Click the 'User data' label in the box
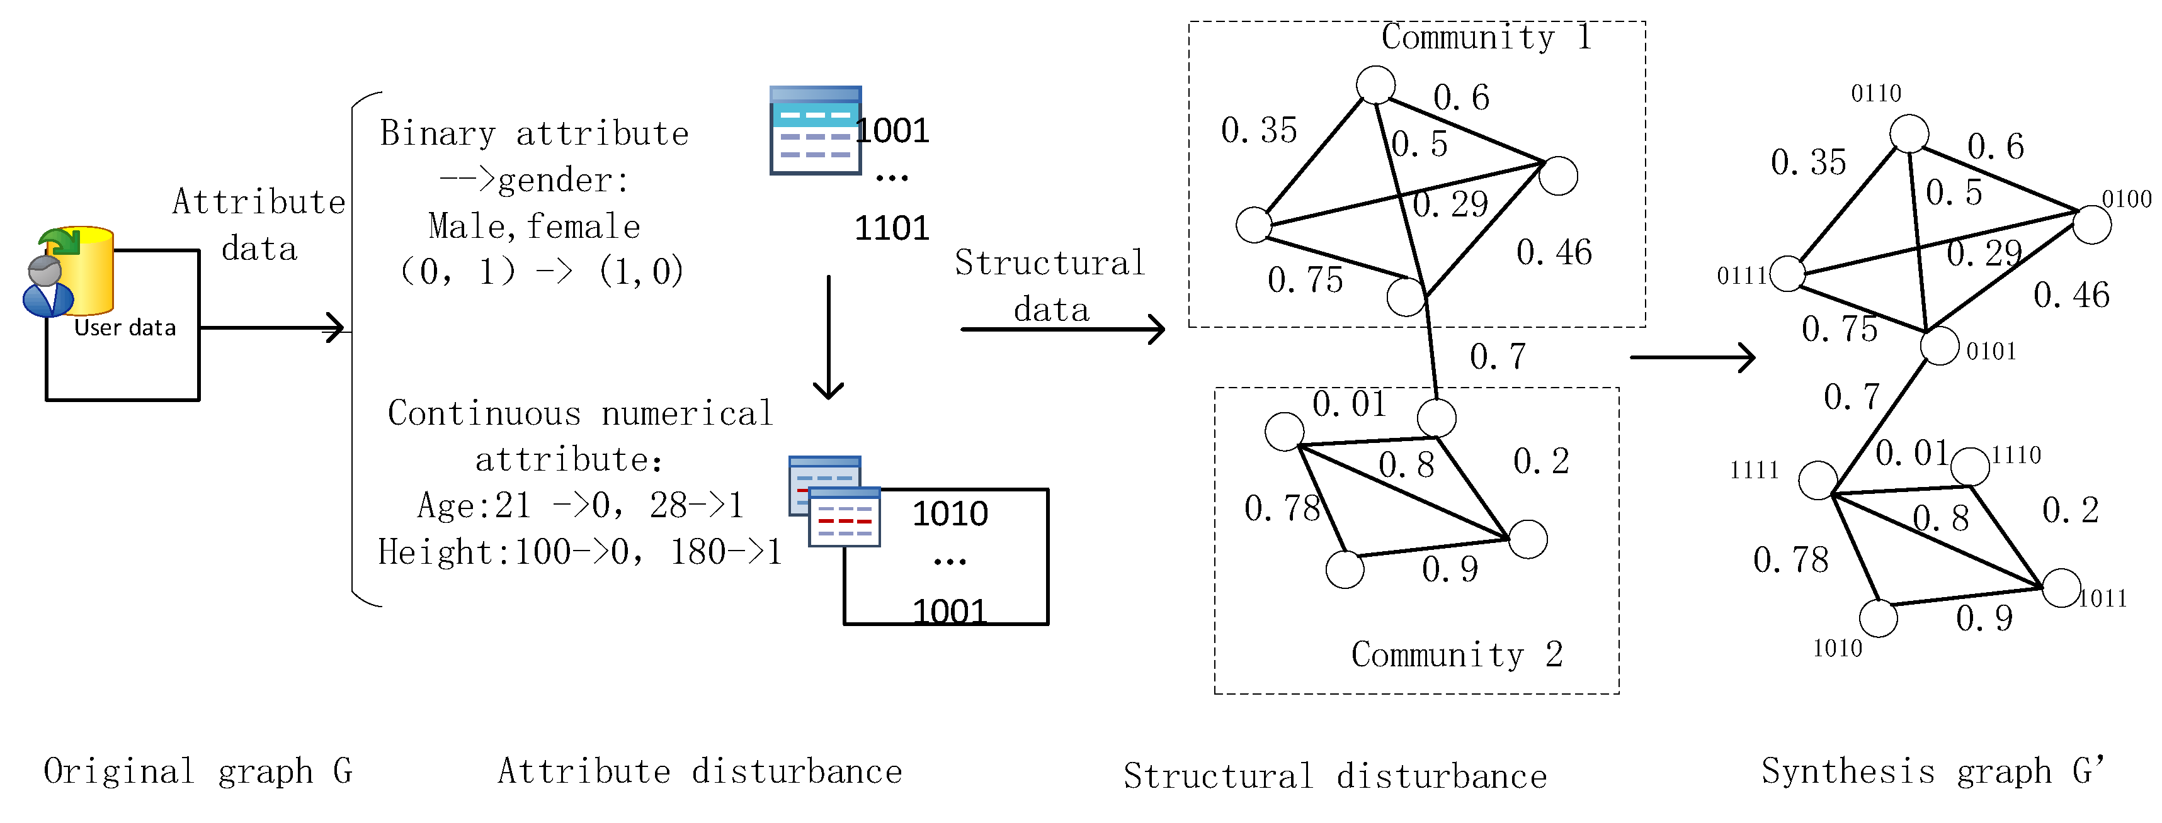point(125,327)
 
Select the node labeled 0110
point(1909,134)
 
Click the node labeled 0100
point(2091,225)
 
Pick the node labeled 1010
point(1879,619)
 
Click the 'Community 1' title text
point(1486,37)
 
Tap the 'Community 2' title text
point(1456,654)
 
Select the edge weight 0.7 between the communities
point(1498,357)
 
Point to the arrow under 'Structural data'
point(1062,329)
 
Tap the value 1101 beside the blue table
point(891,228)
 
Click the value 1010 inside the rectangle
point(950,513)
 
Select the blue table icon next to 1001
point(815,130)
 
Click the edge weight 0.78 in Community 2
point(1282,508)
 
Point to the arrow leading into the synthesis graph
point(1692,357)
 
